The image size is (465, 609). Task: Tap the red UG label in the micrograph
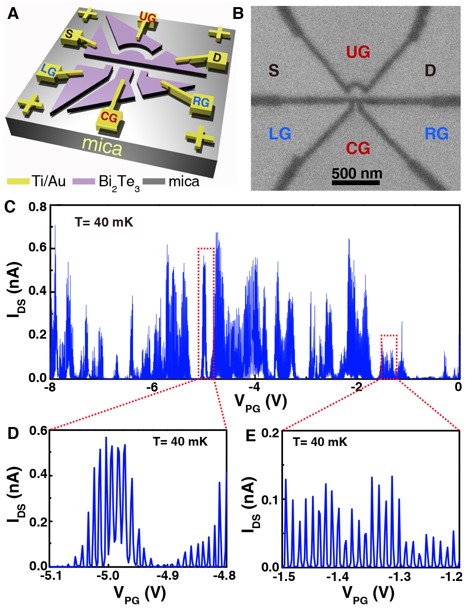click(x=358, y=52)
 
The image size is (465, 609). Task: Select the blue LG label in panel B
click(x=280, y=134)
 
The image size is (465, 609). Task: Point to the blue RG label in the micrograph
click(x=437, y=134)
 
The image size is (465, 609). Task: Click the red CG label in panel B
click(x=358, y=148)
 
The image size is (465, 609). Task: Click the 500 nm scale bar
click(x=356, y=183)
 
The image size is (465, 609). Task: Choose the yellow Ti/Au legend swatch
click(x=18, y=182)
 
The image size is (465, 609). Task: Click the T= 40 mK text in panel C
click(x=104, y=223)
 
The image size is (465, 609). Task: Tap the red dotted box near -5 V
click(x=206, y=313)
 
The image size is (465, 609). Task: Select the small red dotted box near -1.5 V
click(x=389, y=356)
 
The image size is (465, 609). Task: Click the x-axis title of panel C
click(x=261, y=402)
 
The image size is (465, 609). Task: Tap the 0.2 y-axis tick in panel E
click(x=270, y=433)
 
